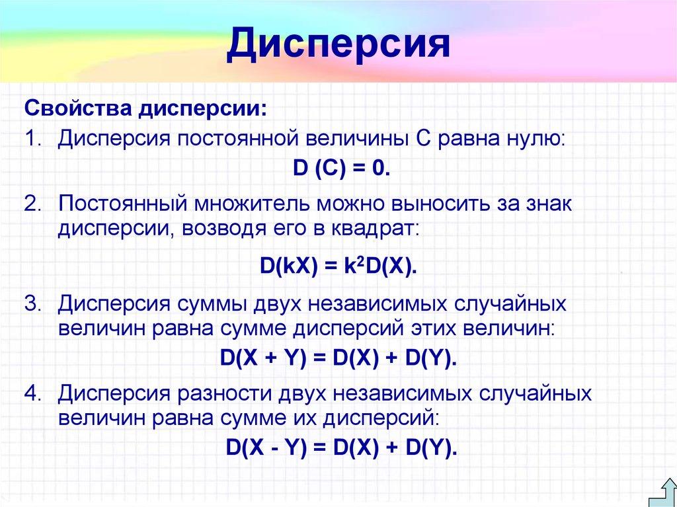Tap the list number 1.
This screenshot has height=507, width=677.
point(32,139)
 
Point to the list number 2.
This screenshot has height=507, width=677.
point(32,204)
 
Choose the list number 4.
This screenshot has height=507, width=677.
point(32,393)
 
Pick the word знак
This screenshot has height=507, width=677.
point(545,204)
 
